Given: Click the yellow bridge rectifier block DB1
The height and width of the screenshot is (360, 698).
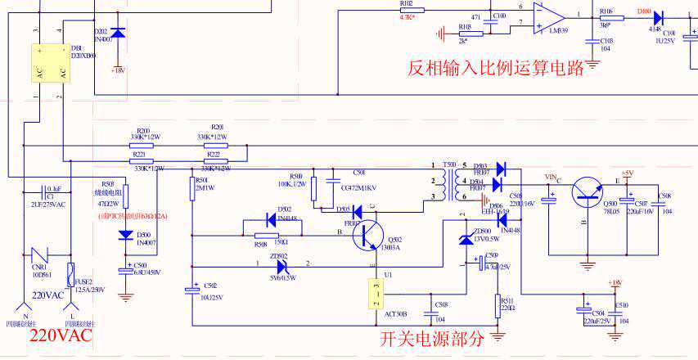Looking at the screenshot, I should [x=49, y=63].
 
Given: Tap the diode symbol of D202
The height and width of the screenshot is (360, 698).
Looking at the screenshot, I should [x=119, y=32].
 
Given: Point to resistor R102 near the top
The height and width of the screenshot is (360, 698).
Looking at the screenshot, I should [x=405, y=9].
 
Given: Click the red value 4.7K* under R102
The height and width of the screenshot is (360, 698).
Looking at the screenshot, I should [x=407, y=17].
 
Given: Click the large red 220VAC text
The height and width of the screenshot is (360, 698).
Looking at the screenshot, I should [x=61, y=335].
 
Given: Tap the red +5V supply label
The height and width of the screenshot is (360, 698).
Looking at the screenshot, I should [x=627, y=173].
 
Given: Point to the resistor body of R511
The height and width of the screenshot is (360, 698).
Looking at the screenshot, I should [x=498, y=305].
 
